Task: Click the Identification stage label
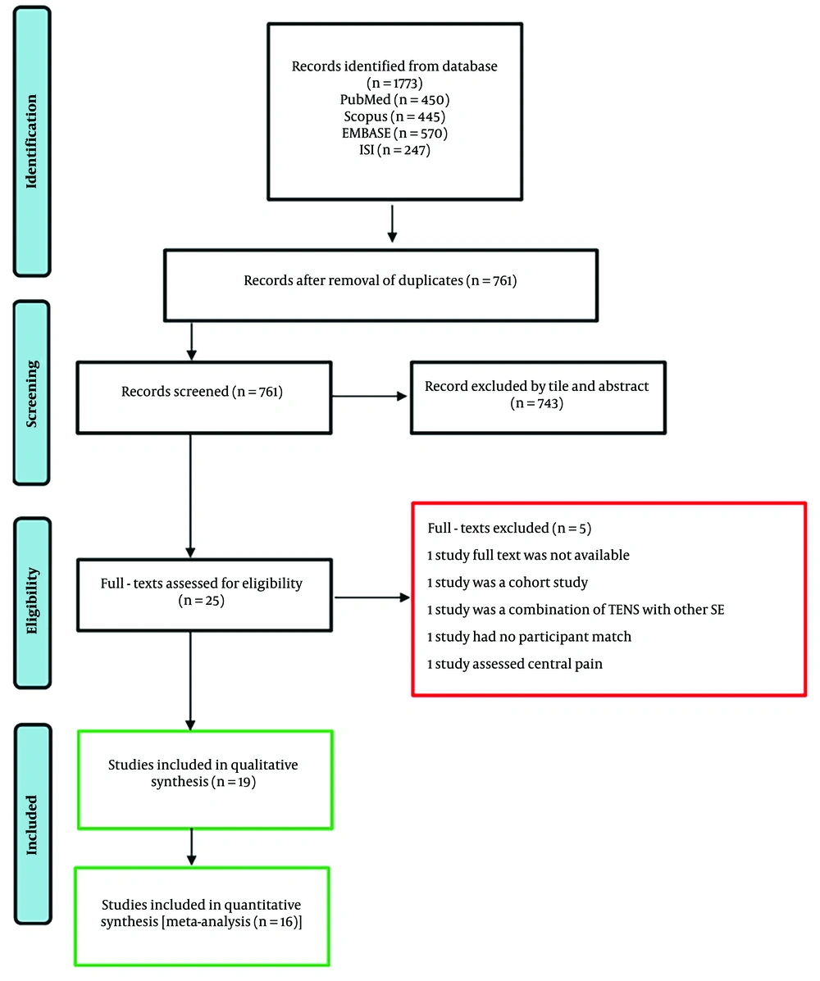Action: [x=31, y=142]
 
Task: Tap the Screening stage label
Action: [x=31, y=393]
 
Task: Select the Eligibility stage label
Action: [x=31, y=601]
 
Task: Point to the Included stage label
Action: [x=31, y=824]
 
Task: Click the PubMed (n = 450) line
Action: [x=394, y=99]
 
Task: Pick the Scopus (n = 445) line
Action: [x=394, y=116]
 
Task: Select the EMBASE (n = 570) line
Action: [x=394, y=134]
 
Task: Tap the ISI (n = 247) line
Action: [x=394, y=150]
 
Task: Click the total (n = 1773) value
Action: [x=394, y=84]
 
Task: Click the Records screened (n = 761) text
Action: [x=202, y=392]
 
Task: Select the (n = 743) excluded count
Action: [x=536, y=403]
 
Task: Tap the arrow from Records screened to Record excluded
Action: [x=369, y=396]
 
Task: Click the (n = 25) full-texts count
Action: [x=201, y=601]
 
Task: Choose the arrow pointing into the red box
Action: [x=371, y=597]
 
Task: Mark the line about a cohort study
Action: [x=507, y=583]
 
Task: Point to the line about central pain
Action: [x=514, y=664]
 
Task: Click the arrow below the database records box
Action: [x=392, y=224]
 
